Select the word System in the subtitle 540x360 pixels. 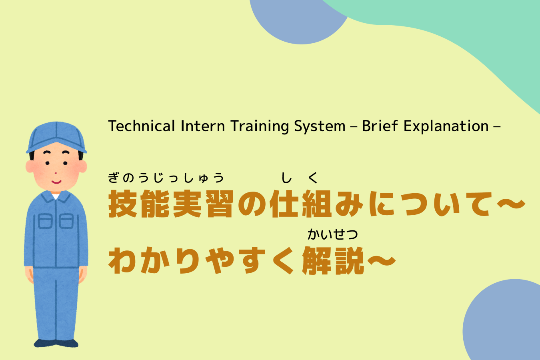click(320, 126)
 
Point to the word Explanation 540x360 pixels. click(446, 126)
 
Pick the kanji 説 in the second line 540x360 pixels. click(349, 261)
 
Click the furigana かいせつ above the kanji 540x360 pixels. click(332, 234)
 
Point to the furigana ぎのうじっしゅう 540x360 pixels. click(166, 178)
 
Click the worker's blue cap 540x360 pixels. click(56, 136)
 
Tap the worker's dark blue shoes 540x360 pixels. click(56, 343)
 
